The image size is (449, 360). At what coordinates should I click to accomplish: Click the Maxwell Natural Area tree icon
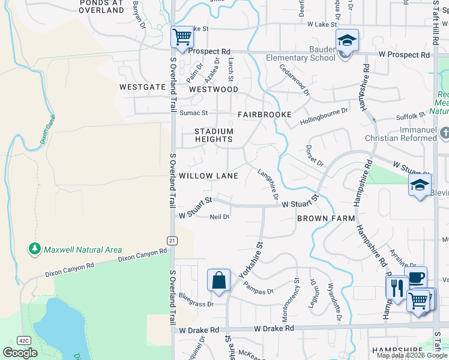[35, 249]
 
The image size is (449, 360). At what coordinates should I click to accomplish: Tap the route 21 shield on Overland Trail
[172, 240]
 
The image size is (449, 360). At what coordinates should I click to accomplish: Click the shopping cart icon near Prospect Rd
[181, 37]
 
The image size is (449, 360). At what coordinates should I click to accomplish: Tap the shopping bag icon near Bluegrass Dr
[218, 280]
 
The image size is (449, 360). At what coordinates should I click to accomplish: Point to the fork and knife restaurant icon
[397, 287]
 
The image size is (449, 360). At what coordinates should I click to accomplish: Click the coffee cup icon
[416, 277]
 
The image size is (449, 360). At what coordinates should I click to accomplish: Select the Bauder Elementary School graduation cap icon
[346, 40]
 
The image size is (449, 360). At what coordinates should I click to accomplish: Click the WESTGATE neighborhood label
[142, 87]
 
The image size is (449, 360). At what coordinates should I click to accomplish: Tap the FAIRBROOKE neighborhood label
[264, 114]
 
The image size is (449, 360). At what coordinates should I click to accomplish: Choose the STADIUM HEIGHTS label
[214, 135]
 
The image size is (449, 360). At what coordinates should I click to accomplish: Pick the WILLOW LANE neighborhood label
[208, 176]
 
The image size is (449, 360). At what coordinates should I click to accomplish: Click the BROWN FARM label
[326, 219]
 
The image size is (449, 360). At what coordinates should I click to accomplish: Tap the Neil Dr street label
[219, 217]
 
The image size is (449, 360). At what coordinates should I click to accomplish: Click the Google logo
[20, 352]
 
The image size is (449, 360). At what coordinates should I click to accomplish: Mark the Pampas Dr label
[259, 287]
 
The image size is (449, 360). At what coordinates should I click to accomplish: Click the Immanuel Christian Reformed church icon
[444, 133]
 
